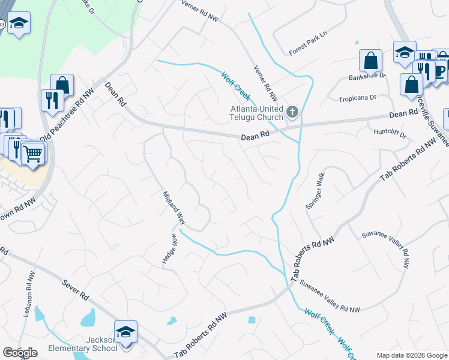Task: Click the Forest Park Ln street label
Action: coord(309,34)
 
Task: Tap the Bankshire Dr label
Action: coord(367,77)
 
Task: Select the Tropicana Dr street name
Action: coord(357,97)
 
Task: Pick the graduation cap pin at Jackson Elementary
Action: coord(126,331)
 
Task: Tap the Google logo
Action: coord(20,353)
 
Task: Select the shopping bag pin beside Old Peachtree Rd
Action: coord(62,85)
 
